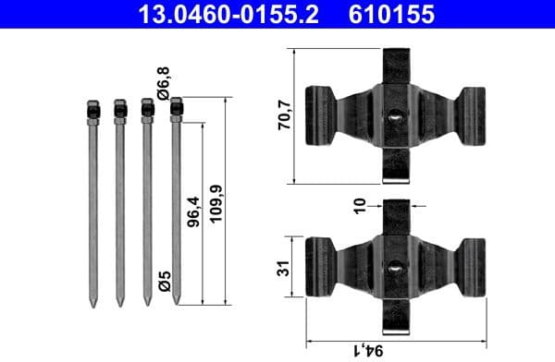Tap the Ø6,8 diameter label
(x=164, y=81)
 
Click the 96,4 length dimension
(x=194, y=213)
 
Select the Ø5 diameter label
(x=164, y=280)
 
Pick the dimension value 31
(x=286, y=268)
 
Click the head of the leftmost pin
(x=92, y=110)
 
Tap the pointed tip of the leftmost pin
(x=92, y=302)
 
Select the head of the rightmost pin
(x=175, y=109)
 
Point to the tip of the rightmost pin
(x=175, y=302)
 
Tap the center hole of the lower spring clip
(x=395, y=268)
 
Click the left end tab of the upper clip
(x=319, y=115)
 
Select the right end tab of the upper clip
(x=473, y=115)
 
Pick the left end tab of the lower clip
(x=319, y=268)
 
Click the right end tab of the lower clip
(x=473, y=268)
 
